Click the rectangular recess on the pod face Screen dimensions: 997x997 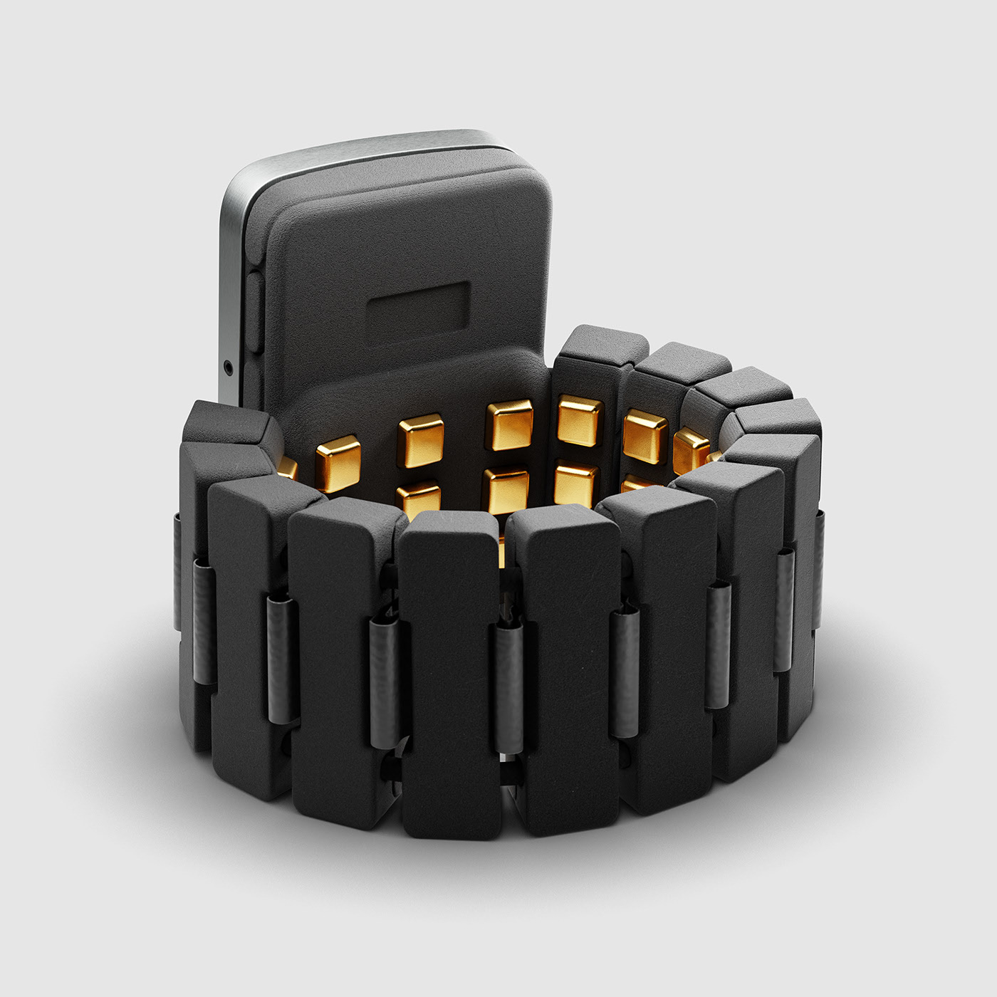419,307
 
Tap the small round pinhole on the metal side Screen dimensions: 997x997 227,367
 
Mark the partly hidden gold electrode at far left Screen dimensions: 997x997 287,467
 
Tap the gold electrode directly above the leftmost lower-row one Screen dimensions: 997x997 421,440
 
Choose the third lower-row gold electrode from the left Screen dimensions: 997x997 575,484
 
